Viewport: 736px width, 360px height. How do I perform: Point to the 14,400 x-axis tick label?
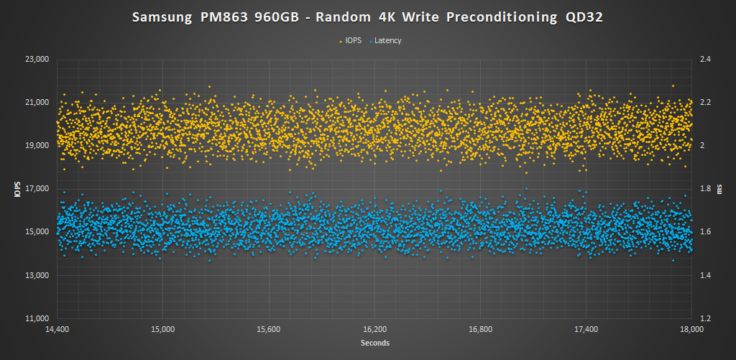[57, 330]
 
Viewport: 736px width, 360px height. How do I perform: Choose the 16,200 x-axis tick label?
[374, 330]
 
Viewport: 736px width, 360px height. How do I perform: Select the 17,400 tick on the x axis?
[586, 330]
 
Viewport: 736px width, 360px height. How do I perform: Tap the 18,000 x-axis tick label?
[691, 330]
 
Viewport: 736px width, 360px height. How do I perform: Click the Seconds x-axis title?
[374, 343]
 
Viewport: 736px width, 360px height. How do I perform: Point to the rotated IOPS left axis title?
[15, 189]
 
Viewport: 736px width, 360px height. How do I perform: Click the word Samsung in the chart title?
[164, 18]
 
